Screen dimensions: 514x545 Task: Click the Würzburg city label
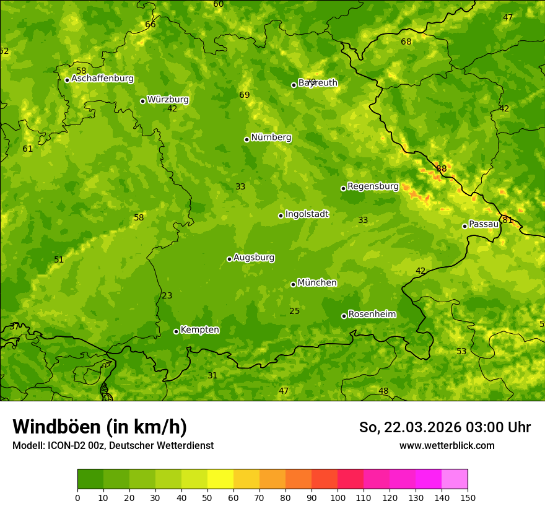click(x=168, y=100)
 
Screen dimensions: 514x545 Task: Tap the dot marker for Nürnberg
click(x=246, y=139)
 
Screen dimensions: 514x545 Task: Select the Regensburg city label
click(x=373, y=186)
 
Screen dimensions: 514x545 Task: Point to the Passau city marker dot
click(x=464, y=226)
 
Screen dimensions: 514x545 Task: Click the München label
click(x=317, y=283)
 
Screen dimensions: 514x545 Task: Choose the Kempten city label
click(x=199, y=330)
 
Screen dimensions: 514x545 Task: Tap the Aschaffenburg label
click(x=102, y=79)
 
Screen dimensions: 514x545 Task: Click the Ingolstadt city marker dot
click(x=281, y=216)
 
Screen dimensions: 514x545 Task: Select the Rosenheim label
click(x=372, y=315)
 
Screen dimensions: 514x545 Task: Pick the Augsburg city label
click(x=254, y=258)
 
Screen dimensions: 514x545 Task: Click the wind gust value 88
click(x=441, y=168)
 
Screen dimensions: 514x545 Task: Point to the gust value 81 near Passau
click(x=507, y=220)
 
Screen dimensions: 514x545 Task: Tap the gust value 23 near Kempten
click(x=167, y=295)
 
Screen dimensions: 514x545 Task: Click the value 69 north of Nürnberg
click(x=244, y=95)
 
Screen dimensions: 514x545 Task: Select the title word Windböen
click(x=56, y=427)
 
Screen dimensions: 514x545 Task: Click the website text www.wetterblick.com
click(x=447, y=446)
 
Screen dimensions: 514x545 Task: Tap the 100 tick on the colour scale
click(x=338, y=497)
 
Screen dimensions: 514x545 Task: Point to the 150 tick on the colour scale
click(x=468, y=497)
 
